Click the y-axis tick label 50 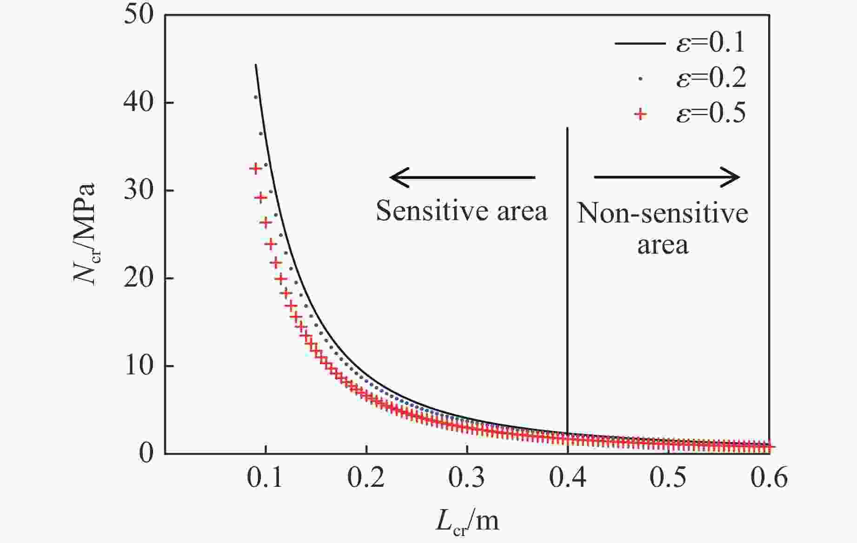click(x=138, y=15)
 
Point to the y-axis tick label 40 click(x=138, y=103)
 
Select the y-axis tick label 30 click(x=138, y=190)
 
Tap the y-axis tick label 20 click(x=138, y=278)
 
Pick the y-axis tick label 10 click(x=138, y=366)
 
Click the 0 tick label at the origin click(x=146, y=453)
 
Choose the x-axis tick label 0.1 click(x=265, y=478)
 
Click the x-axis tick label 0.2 click(x=366, y=478)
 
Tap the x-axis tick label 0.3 click(x=466, y=478)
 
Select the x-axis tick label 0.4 click(x=567, y=478)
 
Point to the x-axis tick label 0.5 click(x=668, y=478)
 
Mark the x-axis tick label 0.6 click(x=769, y=478)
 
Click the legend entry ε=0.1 click(x=711, y=43)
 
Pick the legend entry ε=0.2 click(x=711, y=78)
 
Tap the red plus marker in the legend click(x=641, y=114)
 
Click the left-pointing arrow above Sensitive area click(x=462, y=177)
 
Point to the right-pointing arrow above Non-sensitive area click(x=667, y=177)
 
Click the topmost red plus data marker click(x=255, y=168)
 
